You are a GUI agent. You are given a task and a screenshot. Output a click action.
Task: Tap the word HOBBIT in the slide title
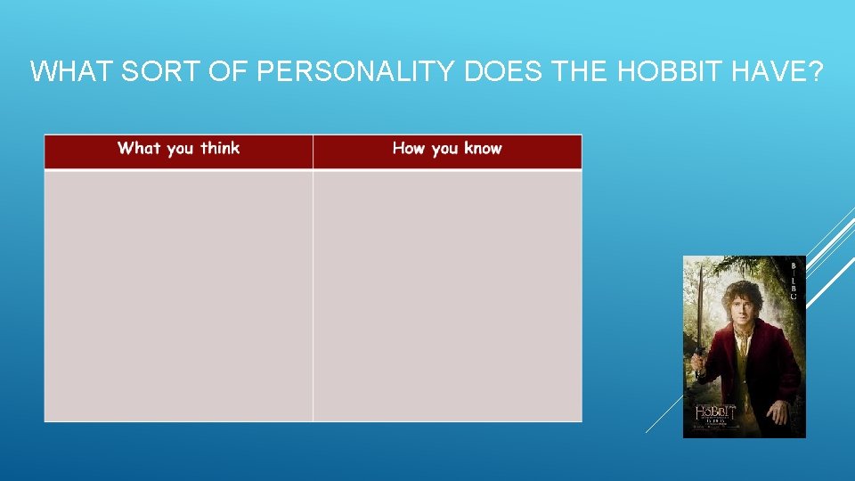pos(673,71)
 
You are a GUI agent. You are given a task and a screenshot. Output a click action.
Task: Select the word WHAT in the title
pos(70,71)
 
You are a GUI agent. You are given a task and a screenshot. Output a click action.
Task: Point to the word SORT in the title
pos(159,71)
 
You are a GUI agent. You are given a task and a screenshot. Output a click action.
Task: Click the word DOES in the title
pos(504,71)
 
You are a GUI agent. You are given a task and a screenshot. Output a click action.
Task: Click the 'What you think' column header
pos(178,149)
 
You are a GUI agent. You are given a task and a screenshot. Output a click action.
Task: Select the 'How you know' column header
pos(447,149)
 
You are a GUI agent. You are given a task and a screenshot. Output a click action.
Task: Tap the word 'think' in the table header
pos(220,149)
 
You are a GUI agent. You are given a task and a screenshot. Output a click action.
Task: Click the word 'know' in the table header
pos(482,149)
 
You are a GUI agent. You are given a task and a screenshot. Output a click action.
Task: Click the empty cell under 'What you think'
pos(178,295)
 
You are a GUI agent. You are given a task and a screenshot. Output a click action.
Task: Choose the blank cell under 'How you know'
pos(447,295)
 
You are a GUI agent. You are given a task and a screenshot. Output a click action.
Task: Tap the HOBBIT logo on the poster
pos(715,412)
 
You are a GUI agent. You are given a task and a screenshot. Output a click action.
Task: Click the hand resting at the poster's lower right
pos(778,412)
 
